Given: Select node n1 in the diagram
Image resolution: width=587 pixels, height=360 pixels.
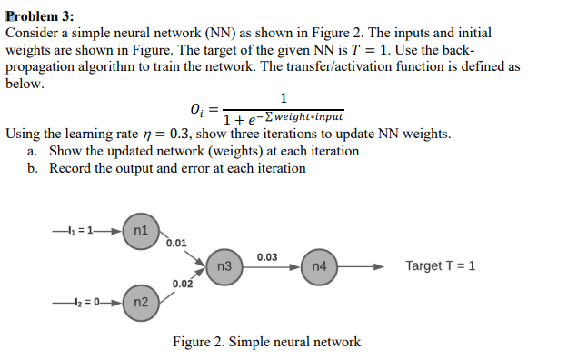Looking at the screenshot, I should (x=140, y=230).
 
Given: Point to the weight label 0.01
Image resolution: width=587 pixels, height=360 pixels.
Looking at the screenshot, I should (x=178, y=244).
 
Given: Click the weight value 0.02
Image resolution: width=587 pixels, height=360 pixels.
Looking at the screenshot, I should (x=182, y=285).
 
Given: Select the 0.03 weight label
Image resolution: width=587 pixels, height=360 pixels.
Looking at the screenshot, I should (x=267, y=257).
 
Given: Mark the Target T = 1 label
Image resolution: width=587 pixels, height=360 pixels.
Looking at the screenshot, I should (x=440, y=266).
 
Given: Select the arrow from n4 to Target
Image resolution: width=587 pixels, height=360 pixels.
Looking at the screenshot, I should (x=363, y=267).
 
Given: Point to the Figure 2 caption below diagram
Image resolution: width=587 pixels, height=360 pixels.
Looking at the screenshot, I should (x=266, y=342).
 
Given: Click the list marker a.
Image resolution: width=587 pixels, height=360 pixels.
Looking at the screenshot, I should (x=33, y=151).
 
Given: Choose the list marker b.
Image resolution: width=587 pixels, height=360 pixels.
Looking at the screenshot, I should (x=33, y=168).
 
